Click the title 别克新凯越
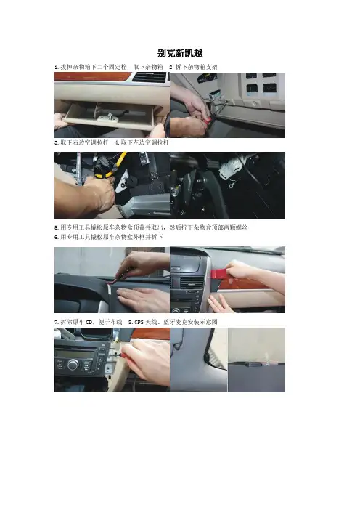[180, 53]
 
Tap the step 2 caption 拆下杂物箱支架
[196, 67]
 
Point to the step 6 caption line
[109, 237]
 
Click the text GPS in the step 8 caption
[139, 322]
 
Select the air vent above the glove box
[150, 77]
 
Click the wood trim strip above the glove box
[93, 76]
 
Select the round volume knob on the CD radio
[73, 365]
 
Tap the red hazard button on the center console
[174, 282]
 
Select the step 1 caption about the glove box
[109, 67]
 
